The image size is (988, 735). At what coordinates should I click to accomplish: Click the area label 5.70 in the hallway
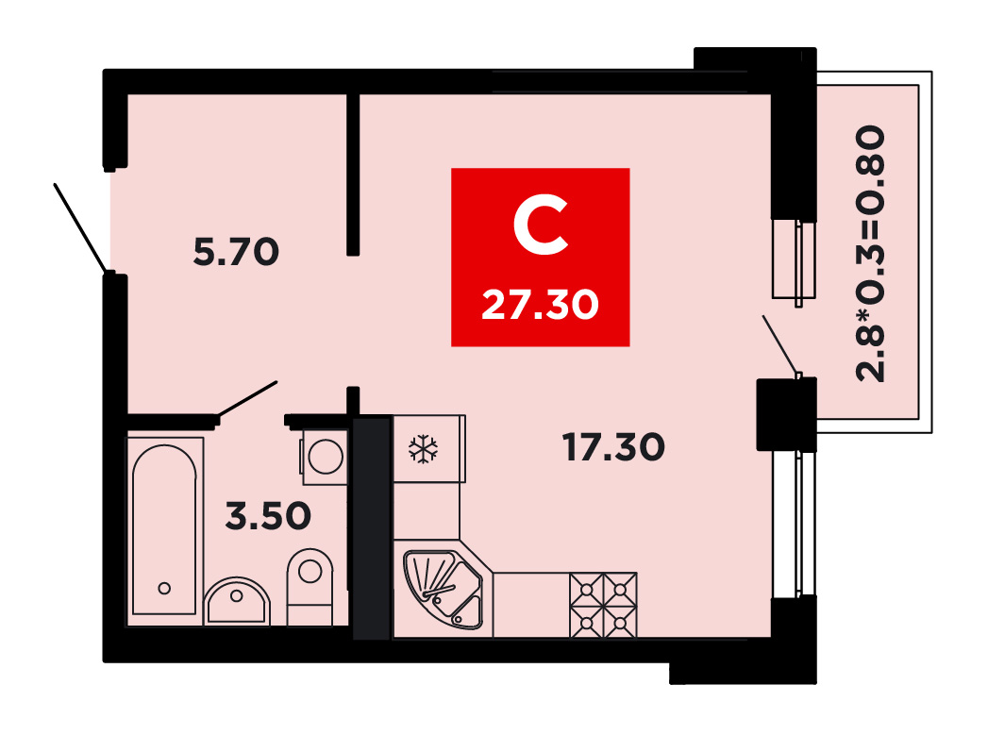coord(236,251)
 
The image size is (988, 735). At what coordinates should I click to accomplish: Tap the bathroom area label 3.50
coord(268,515)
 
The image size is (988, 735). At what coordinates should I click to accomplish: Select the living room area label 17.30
coord(613,446)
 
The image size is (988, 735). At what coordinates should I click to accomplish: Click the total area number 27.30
coord(540,305)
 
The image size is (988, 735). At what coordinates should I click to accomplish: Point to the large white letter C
coord(541,225)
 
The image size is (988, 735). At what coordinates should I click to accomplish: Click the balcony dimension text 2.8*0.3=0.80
coord(871,253)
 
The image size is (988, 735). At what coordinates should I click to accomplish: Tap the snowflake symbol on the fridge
coord(424,449)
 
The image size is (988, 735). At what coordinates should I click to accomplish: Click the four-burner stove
coord(603,605)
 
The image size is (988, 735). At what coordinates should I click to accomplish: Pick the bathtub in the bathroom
coord(165,529)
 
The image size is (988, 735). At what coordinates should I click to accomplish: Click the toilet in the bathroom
coord(310,587)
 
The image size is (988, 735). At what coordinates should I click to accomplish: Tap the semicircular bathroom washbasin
coord(237,601)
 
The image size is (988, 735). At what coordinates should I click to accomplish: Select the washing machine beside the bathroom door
coord(326,457)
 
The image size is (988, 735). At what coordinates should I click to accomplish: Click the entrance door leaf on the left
coord(80,228)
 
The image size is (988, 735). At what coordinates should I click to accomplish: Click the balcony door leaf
coord(780,345)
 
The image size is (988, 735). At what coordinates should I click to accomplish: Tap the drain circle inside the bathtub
coord(164,588)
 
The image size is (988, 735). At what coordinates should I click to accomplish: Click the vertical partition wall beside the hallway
coord(353,175)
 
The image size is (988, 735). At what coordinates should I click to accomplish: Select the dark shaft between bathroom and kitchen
coord(373,527)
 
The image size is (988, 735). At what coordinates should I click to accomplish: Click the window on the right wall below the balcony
coord(795,524)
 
